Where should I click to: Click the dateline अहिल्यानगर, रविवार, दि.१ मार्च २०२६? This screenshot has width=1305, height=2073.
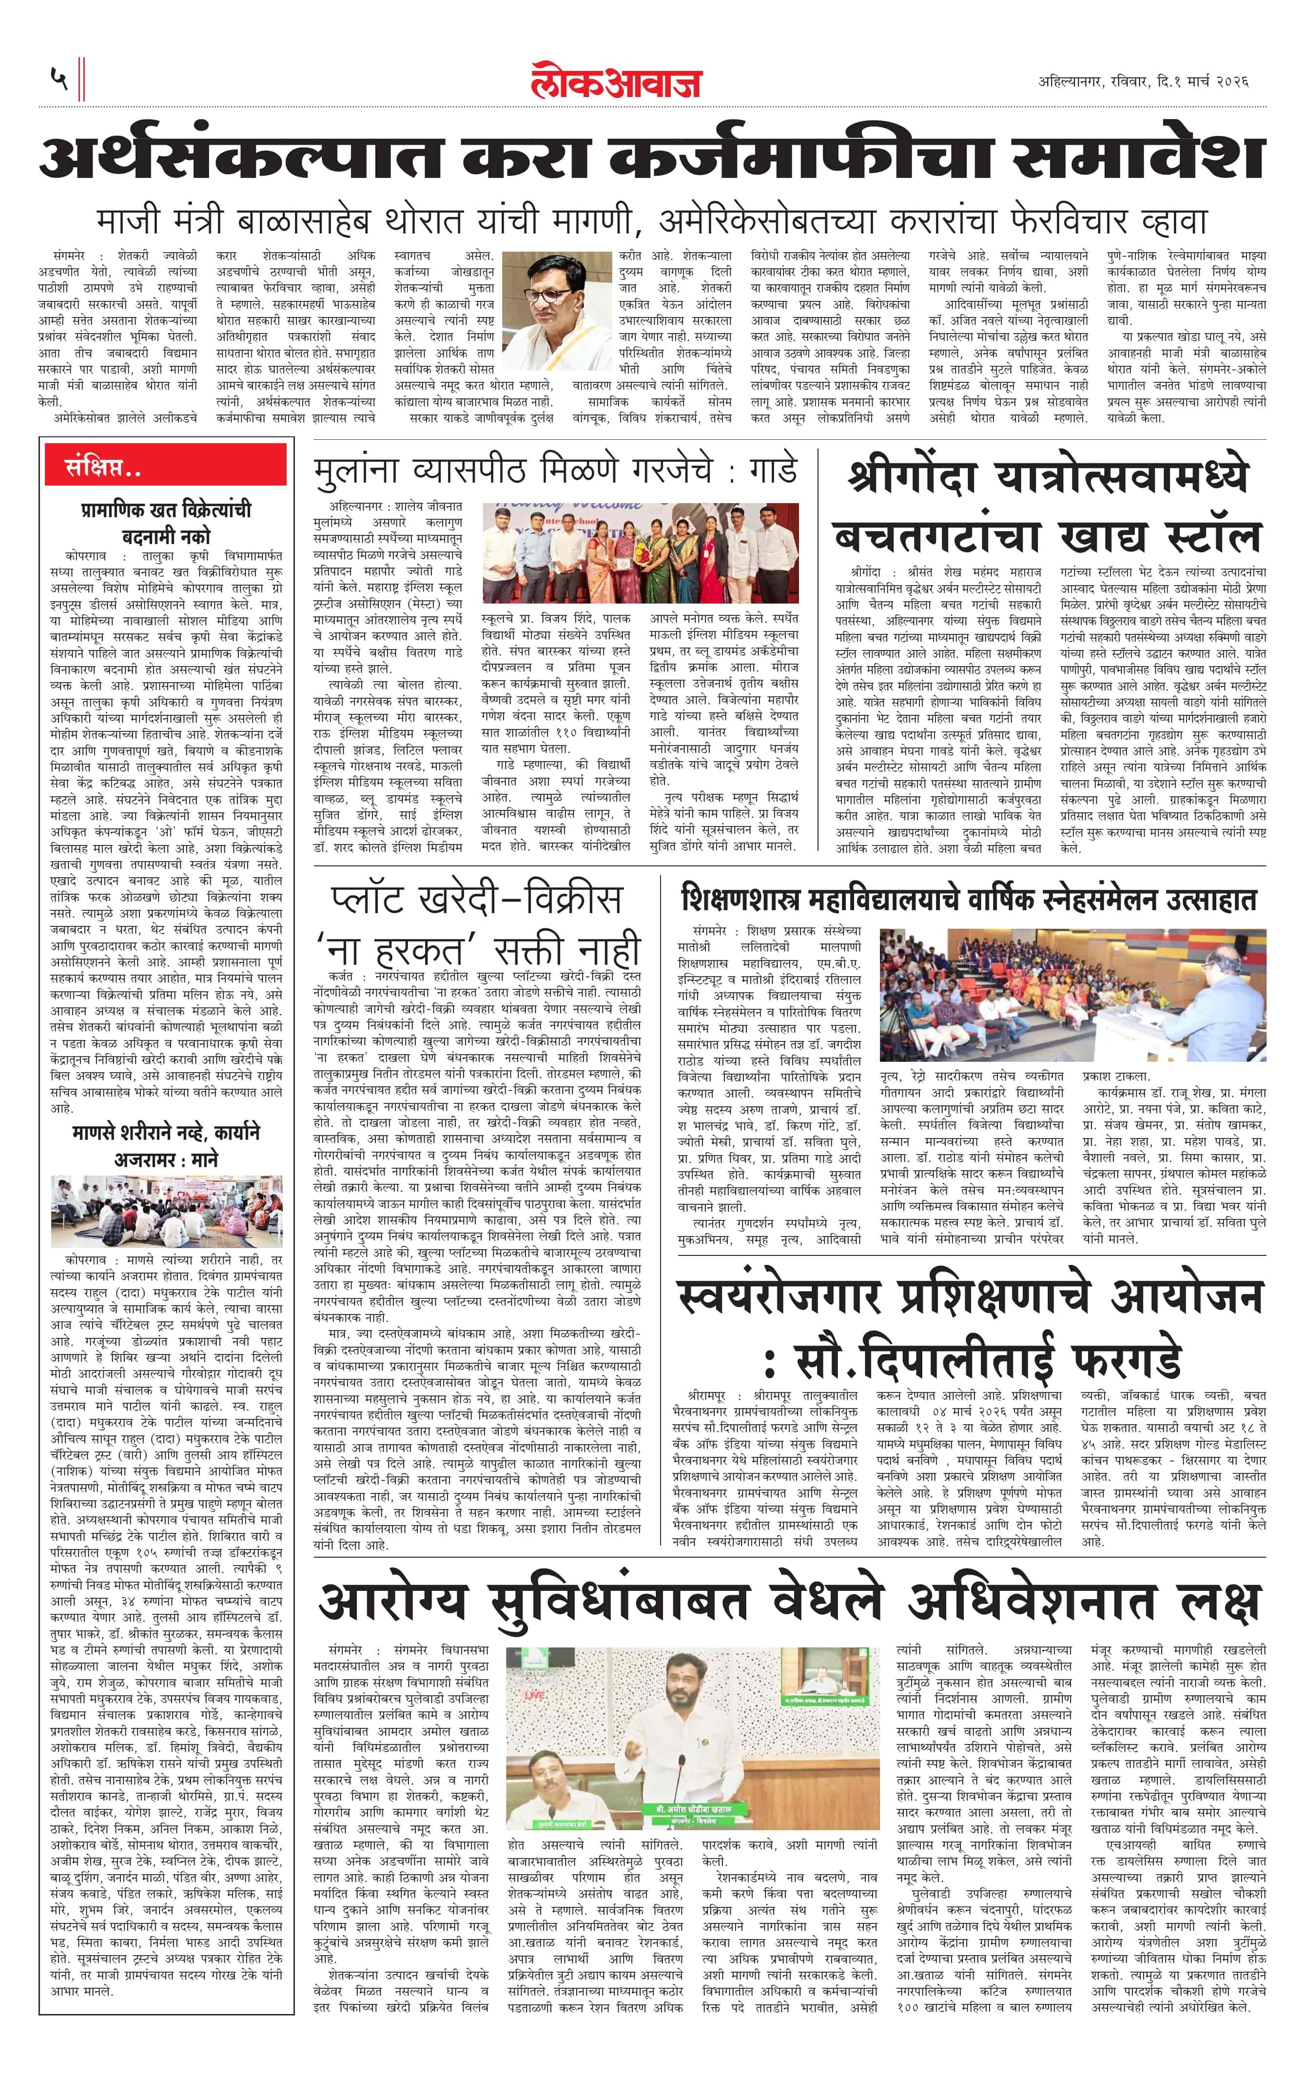tap(1142, 82)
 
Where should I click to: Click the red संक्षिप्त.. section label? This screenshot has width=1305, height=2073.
tap(103, 469)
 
